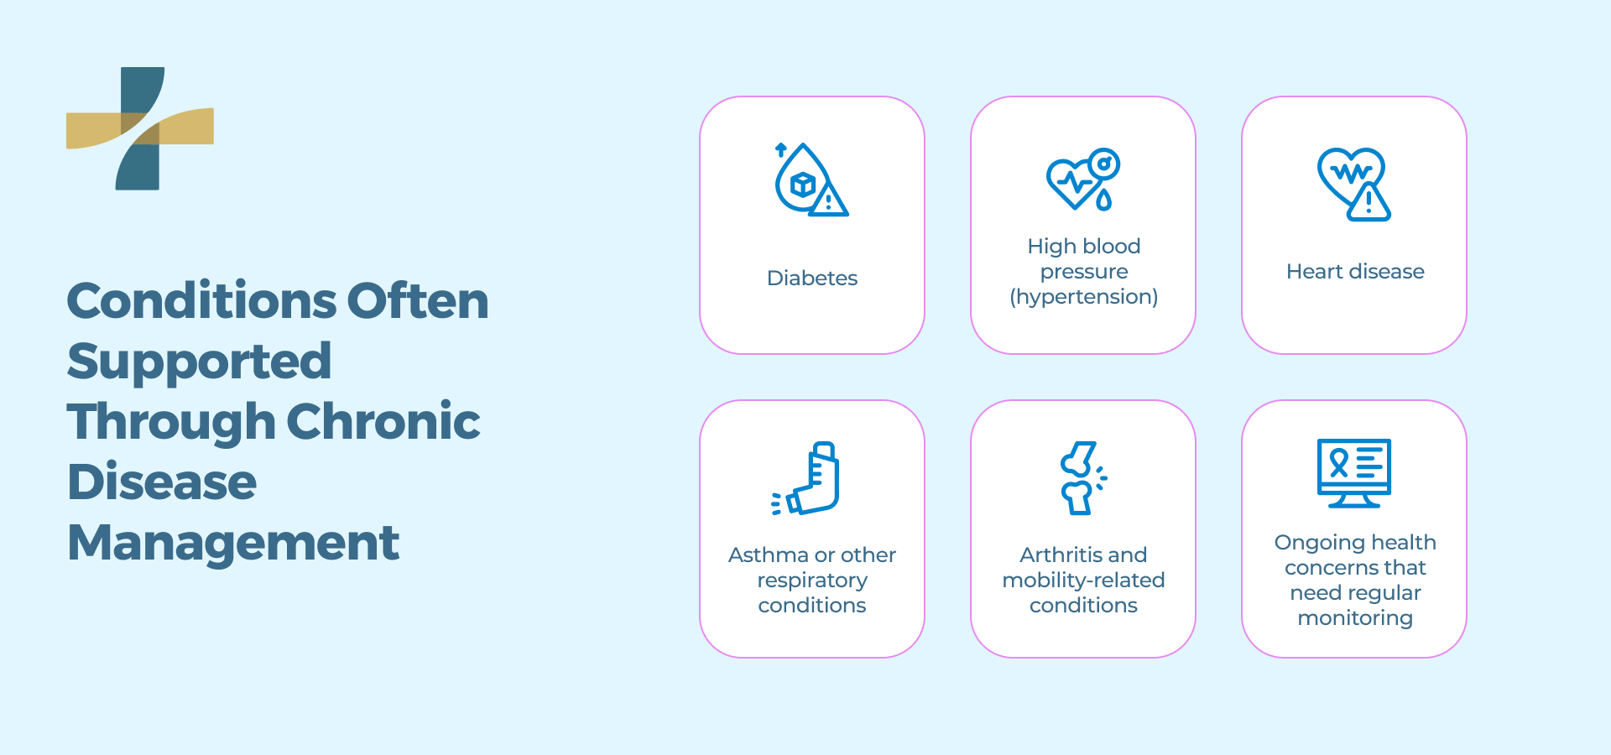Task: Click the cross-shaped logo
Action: (x=140, y=128)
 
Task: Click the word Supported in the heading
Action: (x=199, y=362)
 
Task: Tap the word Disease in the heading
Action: (x=162, y=482)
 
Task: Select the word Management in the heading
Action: (x=233, y=543)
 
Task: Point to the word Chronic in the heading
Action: (x=383, y=422)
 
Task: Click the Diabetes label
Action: (x=811, y=279)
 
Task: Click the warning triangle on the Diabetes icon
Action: (x=829, y=201)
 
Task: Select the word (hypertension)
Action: (x=1083, y=297)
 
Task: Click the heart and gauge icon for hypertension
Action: (x=1083, y=180)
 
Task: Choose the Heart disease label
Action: (x=1355, y=272)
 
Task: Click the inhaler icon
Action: (x=809, y=478)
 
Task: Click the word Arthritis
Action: (x=1059, y=555)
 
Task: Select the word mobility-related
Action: (x=1083, y=581)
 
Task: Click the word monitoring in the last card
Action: (x=1355, y=619)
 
